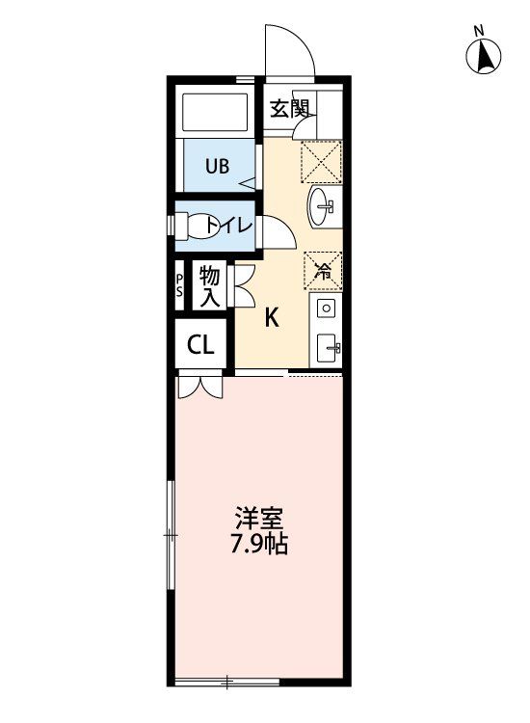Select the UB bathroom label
pos(216,165)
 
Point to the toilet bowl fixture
pos(200,226)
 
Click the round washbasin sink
pos(323,205)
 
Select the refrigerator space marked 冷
pos(324,270)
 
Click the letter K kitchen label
pos(273,318)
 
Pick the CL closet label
pos(200,345)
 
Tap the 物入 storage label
pos(210,287)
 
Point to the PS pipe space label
pos(179,287)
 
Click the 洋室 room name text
pos(260,517)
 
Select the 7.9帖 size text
pos(260,543)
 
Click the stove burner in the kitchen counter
pos(326,308)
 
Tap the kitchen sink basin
pos(326,344)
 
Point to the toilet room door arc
pos(274,232)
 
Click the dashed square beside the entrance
pos(322,160)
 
